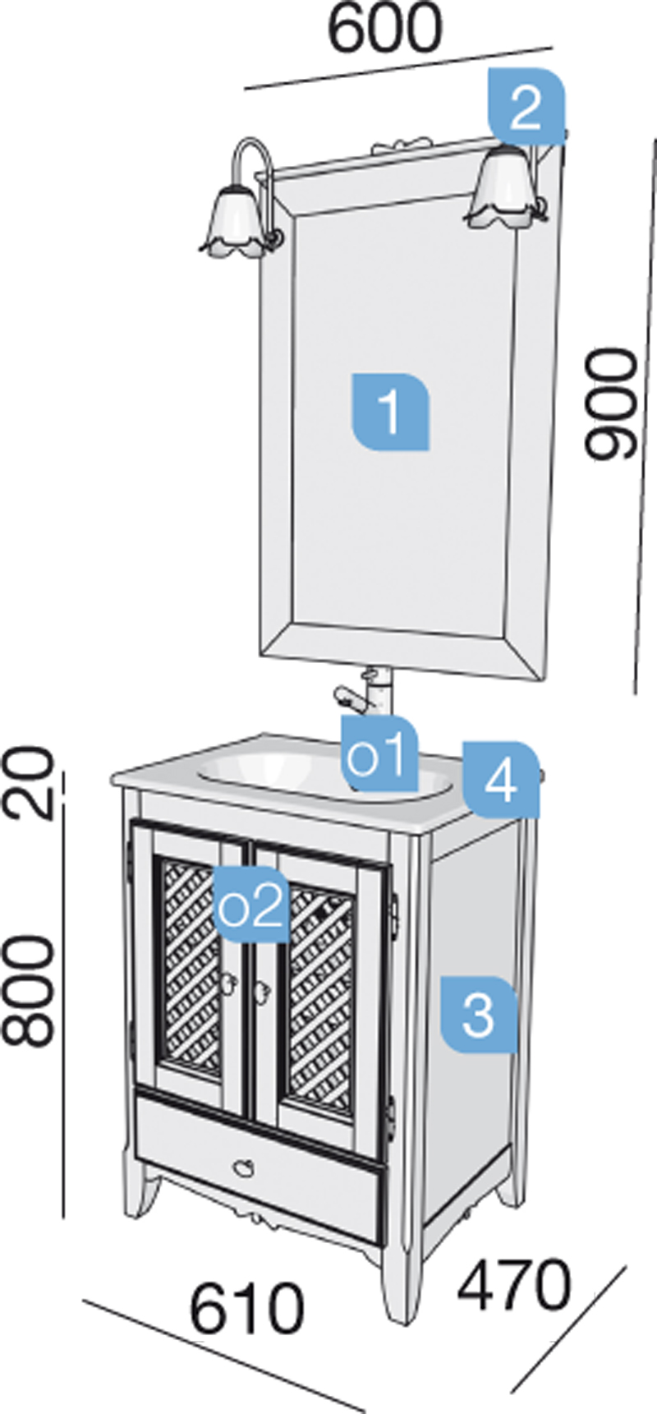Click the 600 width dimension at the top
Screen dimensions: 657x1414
384,30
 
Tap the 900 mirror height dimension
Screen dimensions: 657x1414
611,403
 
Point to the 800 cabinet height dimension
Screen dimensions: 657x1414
31,992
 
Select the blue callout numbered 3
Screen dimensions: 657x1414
478,1015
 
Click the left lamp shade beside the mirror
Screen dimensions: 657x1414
234,223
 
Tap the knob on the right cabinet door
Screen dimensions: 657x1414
263,990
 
